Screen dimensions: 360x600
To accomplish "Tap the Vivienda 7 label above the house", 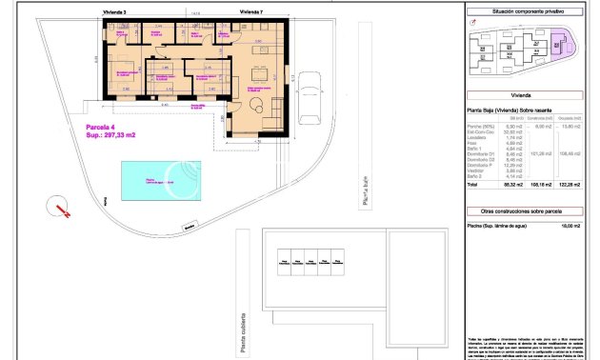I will [250, 13].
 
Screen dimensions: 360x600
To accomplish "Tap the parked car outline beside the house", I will [310, 99].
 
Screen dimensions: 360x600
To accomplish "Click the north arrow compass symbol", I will [60, 208].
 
